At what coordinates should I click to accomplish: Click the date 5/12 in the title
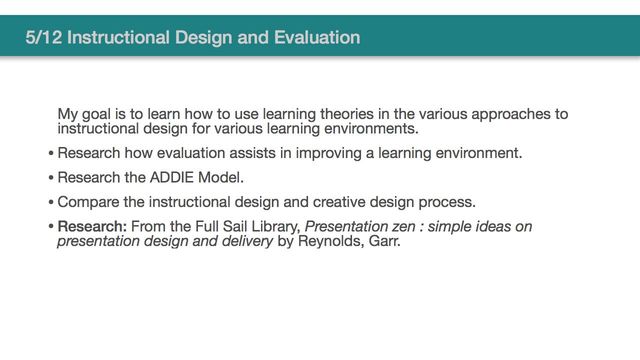click(x=44, y=39)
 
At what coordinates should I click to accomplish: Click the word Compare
click(x=90, y=201)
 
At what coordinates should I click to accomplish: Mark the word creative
click(x=339, y=201)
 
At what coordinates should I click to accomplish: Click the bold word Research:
click(x=92, y=226)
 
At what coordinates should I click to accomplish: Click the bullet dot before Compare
click(x=50, y=202)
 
